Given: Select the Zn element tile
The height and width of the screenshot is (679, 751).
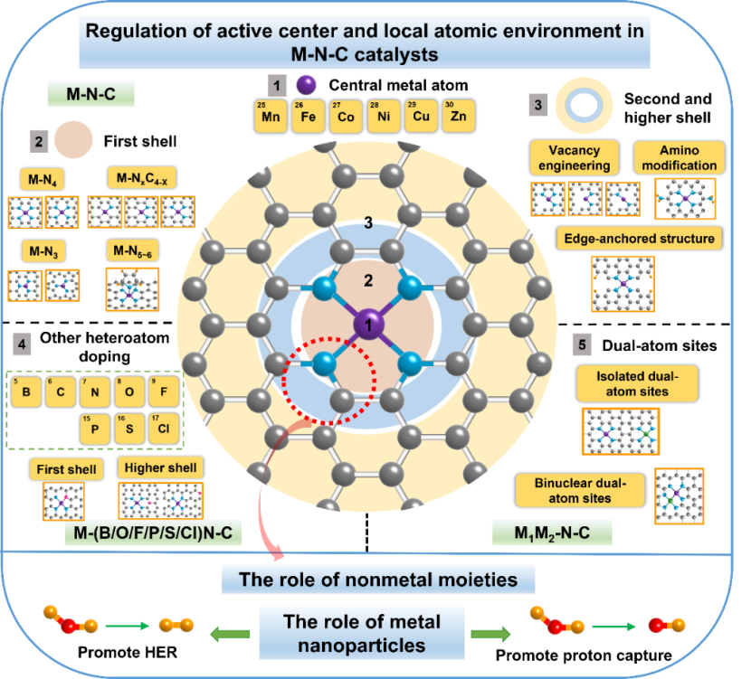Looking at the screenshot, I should (458, 117).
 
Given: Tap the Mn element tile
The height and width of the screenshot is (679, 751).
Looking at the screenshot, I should (269, 117).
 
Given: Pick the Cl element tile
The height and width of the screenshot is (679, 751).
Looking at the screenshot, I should (164, 428).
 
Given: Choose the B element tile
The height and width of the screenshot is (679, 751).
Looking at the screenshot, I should (28, 392).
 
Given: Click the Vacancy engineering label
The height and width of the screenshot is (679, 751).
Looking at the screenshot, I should (575, 157).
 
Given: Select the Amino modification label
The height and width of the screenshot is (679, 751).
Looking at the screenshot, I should (679, 157).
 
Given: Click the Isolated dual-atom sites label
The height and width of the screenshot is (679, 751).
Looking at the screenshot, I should (637, 383).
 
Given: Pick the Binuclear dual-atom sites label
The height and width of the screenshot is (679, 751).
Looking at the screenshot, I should (578, 490).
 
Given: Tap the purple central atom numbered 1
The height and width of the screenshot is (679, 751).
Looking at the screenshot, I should (368, 323).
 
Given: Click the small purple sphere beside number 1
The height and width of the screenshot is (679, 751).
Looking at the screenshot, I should (306, 85).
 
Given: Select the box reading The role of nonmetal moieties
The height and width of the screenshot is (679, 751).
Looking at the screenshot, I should (378, 579).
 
